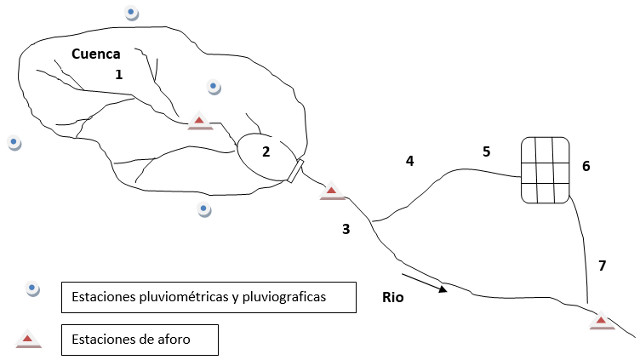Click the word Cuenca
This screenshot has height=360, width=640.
[96, 54]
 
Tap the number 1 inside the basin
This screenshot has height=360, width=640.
[119, 75]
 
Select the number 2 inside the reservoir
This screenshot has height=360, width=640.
[266, 152]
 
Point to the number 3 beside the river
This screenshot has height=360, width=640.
[346, 229]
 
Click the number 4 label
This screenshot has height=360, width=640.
[410, 161]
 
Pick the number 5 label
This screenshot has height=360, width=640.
[486, 152]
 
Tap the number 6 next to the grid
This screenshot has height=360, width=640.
[586, 166]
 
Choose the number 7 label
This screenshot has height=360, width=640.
[602, 266]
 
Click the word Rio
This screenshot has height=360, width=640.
[393, 297]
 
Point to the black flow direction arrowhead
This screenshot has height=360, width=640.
[443, 289]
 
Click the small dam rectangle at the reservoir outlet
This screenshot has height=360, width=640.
[296, 171]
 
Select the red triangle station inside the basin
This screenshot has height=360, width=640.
[200, 121]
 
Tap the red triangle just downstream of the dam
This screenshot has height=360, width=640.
[332, 191]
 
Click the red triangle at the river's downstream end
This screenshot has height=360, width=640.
[602, 320]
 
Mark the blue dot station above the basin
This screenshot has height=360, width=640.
[131, 13]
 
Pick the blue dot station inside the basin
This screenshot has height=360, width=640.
[213, 87]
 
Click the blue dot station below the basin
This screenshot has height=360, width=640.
[204, 209]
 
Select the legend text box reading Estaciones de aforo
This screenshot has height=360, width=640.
[140, 340]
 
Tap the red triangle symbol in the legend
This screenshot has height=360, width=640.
[28, 339]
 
